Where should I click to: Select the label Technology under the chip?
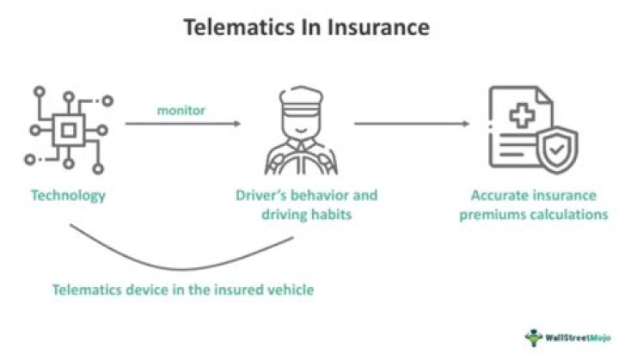tap(68, 195)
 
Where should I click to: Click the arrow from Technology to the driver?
tap(182, 124)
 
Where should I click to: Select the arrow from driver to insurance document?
tap(413, 124)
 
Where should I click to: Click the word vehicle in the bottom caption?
tap(290, 290)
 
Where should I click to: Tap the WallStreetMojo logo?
tap(563, 336)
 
